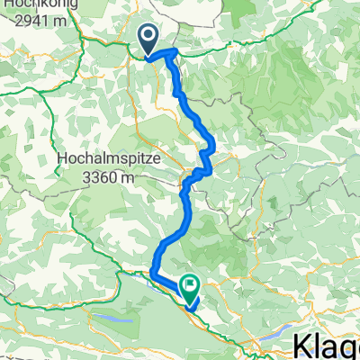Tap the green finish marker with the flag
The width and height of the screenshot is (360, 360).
tap(191, 285)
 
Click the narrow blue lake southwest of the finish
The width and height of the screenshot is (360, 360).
tap(115, 317)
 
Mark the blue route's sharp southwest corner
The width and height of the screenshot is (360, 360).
tap(151, 271)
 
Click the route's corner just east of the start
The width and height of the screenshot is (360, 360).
tap(170, 53)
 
